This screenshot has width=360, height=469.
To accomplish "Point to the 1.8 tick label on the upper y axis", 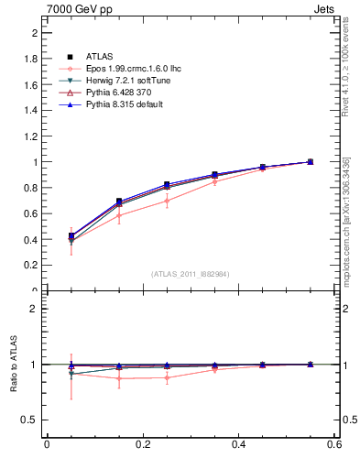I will [x=30, y=59].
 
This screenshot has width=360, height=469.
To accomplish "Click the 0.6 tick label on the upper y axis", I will [x=30, y=213].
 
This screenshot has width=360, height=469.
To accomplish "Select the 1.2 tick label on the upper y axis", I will [x=30, y=136].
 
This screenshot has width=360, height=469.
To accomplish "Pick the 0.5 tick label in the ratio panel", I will [x=30, y=420].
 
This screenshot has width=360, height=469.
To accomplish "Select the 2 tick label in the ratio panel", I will [x=34, y=309].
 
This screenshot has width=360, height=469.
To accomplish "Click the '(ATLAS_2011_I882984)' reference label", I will [x=191, y=274].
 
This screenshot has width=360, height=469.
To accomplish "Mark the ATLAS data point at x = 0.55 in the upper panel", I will [x=311, y=161].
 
